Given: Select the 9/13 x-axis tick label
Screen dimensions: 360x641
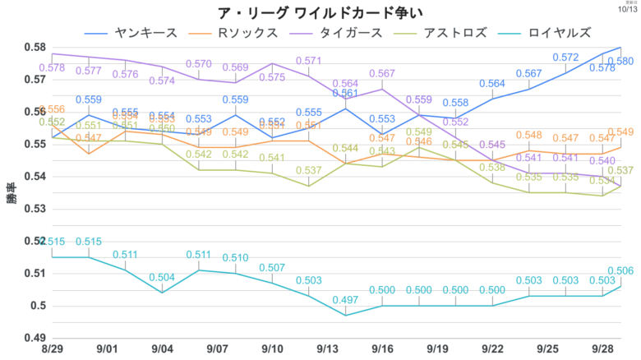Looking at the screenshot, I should click(x=328, y=349).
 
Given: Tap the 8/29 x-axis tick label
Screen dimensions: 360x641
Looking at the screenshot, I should click(x=52, y=349).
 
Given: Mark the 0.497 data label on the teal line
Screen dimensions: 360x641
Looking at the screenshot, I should click(x=346, y=299).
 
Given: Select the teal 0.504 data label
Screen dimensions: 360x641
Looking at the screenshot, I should click(x=162, y=277).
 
